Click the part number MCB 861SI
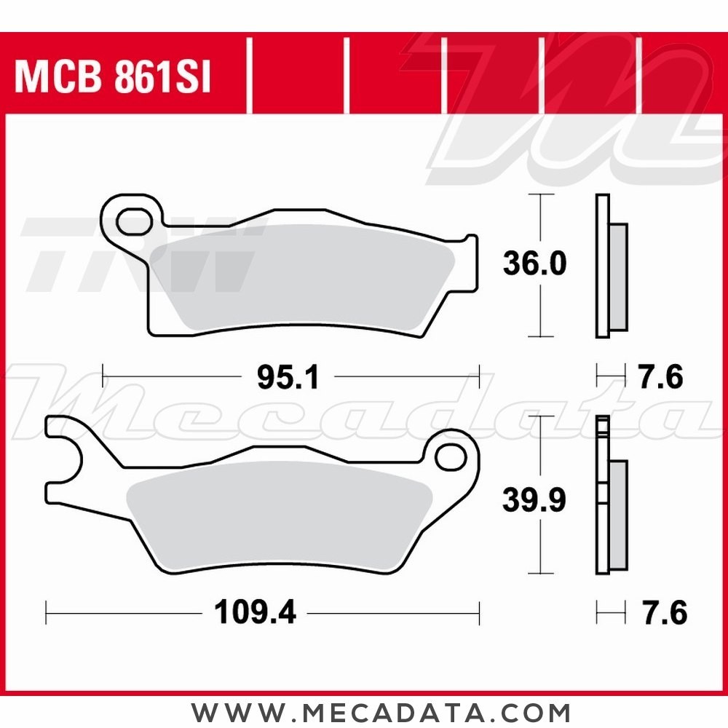click(113, 79)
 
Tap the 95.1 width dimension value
click(288, 377)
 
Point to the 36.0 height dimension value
click(534, 264)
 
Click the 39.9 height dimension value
click(534, 500)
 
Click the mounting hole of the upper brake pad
click(132, 221)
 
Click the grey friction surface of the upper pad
click(298, 280)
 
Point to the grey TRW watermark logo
click(138, 255)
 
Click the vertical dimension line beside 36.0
click(539, 218)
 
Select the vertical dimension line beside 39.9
click(539, 451)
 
